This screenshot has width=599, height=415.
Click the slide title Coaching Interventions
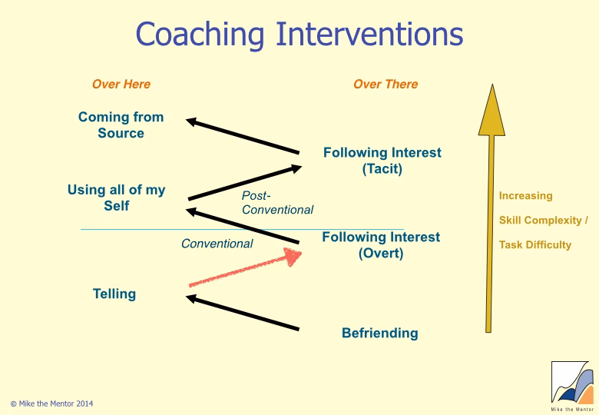click(299, 35)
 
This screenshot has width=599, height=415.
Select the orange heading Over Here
click(121, 85)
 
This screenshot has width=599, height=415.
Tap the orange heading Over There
click(386, 85)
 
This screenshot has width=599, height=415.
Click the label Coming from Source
click(121, 125)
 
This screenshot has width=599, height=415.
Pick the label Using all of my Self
click(116, 198)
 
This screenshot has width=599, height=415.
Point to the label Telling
click(114, 294)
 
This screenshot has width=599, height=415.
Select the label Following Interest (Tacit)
click(382, 161)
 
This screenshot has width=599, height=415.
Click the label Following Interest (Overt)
click(381, 245)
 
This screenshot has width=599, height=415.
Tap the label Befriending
click(380, 333)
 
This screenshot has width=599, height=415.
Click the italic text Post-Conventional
click(277, 203)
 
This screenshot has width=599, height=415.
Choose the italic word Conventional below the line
click(217, 244)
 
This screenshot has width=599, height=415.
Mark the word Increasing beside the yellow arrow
click(525, 196)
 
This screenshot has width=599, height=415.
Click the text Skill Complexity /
click(543, 221)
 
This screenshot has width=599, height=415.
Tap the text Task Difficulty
click(535, 245)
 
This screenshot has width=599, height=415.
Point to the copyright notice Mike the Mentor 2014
click(52, 403)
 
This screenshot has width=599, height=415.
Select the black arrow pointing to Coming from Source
click(243, 136)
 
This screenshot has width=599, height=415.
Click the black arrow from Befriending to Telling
click(243, 314)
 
